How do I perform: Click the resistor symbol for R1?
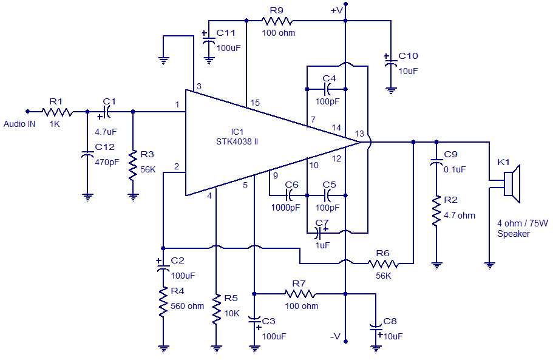57,112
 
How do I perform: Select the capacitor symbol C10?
390,61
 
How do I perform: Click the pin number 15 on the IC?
255,103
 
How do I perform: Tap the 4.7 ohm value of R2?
460,216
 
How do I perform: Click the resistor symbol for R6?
383,263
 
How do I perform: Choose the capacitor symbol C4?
328,89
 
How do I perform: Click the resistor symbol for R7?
300,294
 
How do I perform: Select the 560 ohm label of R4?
187,306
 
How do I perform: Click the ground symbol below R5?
216,348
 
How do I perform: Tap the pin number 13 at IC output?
360,133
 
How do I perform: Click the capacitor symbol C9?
435,162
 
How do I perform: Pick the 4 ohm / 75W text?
522,223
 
